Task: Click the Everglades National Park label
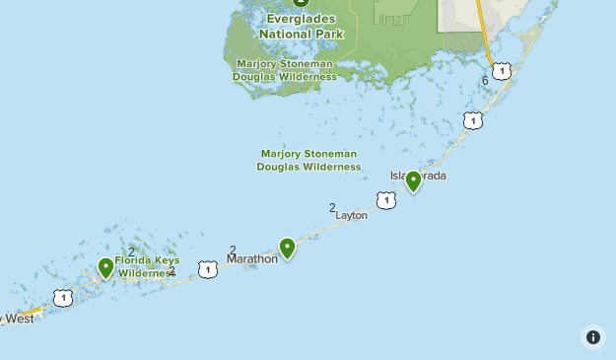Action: [301, 26]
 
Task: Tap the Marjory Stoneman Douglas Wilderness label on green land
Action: [286, 70]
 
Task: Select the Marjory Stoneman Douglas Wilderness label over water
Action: [308, 160]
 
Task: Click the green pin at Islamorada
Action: [414, 180]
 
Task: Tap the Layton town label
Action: [352, 214]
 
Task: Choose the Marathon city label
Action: [252, 259]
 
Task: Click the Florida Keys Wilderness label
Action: [147, 266]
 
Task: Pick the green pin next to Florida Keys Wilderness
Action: [106, 266]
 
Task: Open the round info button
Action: [592, 336]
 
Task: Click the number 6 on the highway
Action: [485, 80]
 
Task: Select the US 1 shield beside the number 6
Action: [503, 70]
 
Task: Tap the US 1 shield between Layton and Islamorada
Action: [386, 200]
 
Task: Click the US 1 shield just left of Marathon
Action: [207, 268]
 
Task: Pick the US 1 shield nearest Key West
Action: [64, 297]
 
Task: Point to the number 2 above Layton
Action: [333, 207]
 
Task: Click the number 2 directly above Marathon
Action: [233, 250]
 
